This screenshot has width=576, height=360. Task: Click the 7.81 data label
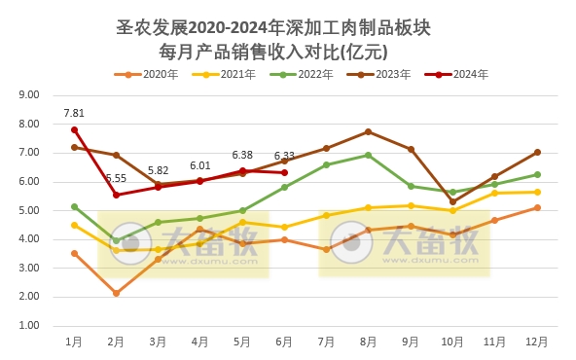click(74, 113)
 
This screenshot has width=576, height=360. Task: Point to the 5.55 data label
click(116, 178)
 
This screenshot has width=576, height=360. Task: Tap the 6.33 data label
click(284, 156)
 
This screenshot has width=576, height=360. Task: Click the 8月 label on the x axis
click(369, 342)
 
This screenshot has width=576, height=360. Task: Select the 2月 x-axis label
click(116, 342)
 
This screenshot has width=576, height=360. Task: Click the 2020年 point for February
click(116, 293)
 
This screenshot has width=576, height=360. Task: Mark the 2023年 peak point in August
click(369, 131)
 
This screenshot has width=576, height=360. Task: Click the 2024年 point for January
click(74, 129)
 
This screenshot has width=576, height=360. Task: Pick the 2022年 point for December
click(537, 174)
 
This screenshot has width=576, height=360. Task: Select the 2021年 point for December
click(537, 192)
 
